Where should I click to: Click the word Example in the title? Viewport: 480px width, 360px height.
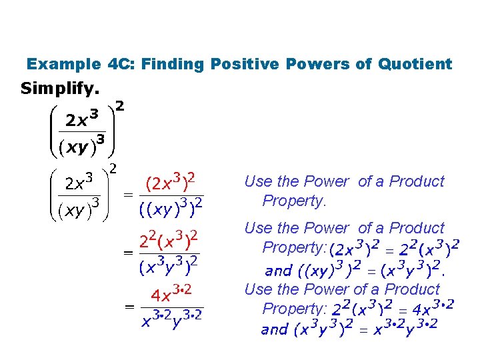(63, 65)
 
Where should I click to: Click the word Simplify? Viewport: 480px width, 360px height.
(60, 88)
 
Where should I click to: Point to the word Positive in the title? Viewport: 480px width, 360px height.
(239, 65)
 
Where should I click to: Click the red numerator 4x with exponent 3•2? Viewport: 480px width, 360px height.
(171, 294)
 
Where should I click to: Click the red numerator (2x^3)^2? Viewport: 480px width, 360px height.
(170, 181)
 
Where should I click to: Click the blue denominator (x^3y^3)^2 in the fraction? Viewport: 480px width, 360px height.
(169, 267)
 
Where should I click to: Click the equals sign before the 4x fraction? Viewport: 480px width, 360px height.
(127, 307)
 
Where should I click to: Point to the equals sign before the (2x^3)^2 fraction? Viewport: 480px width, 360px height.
(127, 195)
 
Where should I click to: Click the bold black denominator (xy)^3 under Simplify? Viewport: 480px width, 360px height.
(81, 146)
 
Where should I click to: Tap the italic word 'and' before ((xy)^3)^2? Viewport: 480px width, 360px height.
(278, 271)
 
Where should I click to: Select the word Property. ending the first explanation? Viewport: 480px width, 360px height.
(293, 201)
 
